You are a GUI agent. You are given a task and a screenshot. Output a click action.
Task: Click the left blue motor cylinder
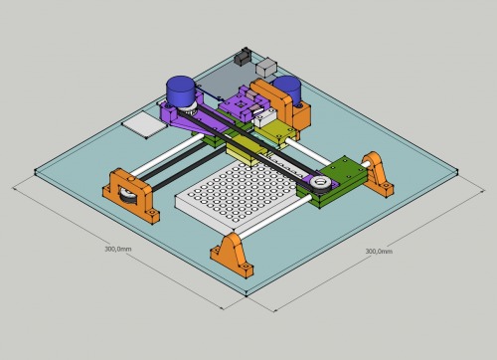click(181, 91)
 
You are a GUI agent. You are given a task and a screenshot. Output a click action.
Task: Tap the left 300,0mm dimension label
click(118, 249)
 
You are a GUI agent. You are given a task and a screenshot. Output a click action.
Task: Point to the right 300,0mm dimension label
click(379, 252)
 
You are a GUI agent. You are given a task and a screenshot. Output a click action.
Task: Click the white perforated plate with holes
click(236, 198)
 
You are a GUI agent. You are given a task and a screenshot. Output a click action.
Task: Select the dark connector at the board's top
click(244, 56)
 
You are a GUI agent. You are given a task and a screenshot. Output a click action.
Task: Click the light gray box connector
click(266, 67)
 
